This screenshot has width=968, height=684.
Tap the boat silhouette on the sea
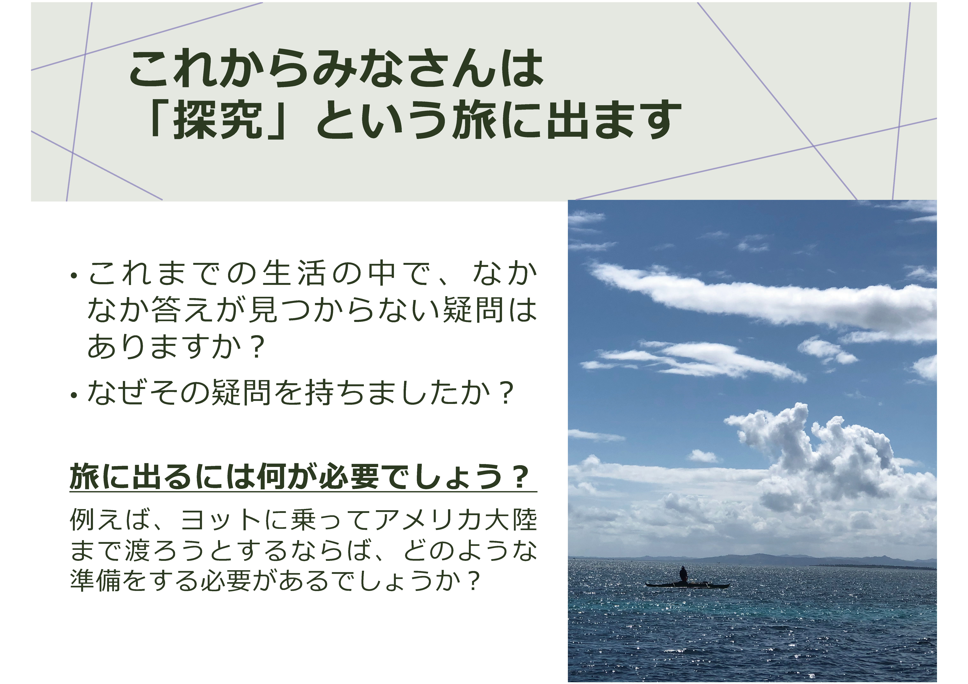pos(687,585)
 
